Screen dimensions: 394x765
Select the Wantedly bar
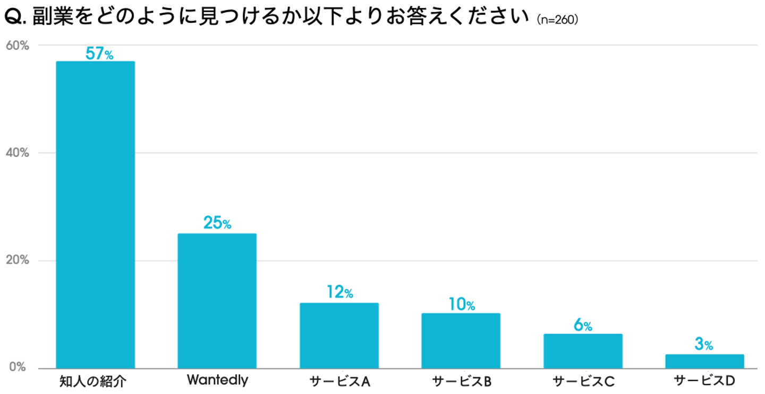click(x=217, y=300)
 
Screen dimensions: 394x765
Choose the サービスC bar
click(x=583, y=351)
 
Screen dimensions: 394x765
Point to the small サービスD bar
click(x=704, y=361)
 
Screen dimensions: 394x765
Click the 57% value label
click(x=99, y=54)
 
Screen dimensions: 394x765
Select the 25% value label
click(x=217, y=223)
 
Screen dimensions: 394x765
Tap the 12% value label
click(x=339, y=293)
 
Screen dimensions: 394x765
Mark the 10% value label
click(x=461, y=304)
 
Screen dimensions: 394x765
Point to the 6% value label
click(x=583, y=325)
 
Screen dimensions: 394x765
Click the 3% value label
click(x=704, y=345)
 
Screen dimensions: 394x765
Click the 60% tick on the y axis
click(x=17, y=45)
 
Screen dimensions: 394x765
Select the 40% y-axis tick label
click(x=17, y=153)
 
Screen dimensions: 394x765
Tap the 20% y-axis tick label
click(x=17, y=261)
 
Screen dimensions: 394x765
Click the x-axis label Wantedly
click(x=217, y=380)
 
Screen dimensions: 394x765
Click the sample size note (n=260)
click(x=557, y=20)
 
